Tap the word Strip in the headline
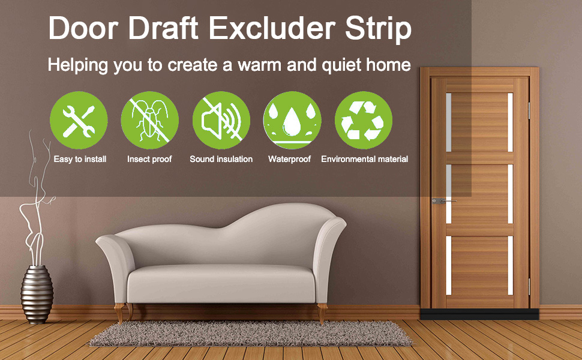pos(378,29)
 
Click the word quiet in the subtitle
pos(341,65)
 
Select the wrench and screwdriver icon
pos(79,120)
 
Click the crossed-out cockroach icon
pos(150,120)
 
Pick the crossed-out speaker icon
pos(221,120)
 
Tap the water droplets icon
pos(292,120)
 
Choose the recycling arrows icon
pos(364,120)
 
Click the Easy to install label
pos(80,159)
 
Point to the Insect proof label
pos(149,159)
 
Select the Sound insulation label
pos(221,159)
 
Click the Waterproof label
pos(290,159)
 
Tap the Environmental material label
pos(364,159)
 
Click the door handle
pos(443,201)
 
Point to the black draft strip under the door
pos(479,314)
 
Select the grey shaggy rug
pos(251,333)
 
